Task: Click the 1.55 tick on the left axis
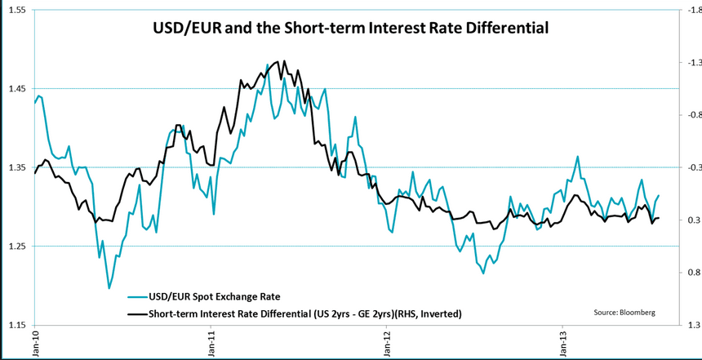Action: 16,10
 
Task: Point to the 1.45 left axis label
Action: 16,88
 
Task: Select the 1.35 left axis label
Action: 16,167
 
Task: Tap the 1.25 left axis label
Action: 16,246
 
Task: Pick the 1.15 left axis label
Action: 16,325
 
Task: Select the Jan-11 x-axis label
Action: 212,344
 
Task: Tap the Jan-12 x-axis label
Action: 387,344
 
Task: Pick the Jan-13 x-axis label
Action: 562,344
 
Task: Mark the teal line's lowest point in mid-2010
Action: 109,288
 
